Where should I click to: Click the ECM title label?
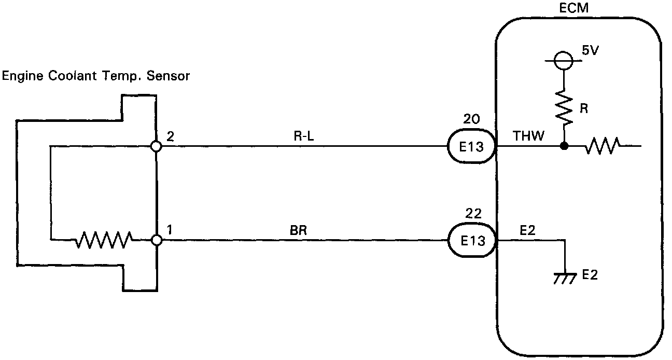tap(573, 8)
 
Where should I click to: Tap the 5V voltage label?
tap(590, 50)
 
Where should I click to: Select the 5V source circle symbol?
tap(564, 61)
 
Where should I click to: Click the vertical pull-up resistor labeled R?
tap(564, 107)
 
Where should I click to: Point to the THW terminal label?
tap(528, 136)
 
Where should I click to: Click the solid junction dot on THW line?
tap(564, 146)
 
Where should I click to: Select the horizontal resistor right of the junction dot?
tap(603, 146)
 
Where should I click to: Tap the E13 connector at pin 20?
tap(471, 146)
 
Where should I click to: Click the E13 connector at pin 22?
tap(472, 240)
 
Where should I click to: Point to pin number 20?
tap(471, 119)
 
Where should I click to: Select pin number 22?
tap(473, 214)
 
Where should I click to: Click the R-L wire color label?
tap(304, 136)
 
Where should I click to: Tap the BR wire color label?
tap(299, 230)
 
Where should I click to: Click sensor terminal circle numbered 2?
tap(156, 146)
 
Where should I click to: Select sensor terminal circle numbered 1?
tap(156, 240)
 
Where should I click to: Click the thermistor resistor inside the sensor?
tap(104, 240)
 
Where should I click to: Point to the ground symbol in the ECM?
tap(565, 279)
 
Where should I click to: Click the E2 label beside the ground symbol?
tap(590, 275)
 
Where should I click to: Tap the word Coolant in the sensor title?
tap(72, 76)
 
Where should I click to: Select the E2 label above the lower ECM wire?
tap(527, 230)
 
